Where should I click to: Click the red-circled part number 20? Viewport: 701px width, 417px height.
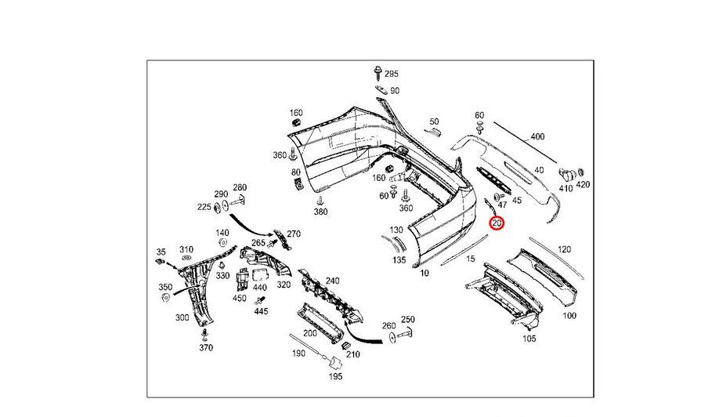(x=497, y=223)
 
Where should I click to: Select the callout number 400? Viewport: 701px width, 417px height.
(x=537, y=136)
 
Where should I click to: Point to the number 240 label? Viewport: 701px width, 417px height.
(x=332, y=281)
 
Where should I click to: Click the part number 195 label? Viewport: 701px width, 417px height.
(x=336, y=376)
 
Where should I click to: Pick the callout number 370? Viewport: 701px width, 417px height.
(x=206, y=347)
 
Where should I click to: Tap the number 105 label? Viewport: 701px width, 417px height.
(x=529, y=339)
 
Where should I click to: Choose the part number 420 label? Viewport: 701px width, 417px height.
(x=583, y=185)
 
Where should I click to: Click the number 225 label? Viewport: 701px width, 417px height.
(x=204, y=208)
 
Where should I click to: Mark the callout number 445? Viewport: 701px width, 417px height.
(x=261, y=311)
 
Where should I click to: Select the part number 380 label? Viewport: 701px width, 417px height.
(x=320, y=212)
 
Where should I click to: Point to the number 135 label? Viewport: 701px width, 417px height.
(x=399, y=259)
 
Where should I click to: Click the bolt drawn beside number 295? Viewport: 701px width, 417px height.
(x=378, y=75)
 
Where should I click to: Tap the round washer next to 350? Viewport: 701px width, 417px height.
(x=166, y=299)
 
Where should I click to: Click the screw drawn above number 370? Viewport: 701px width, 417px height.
(x=205, y=332)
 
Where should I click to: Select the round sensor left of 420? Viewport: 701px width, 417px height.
(x=569, y=173)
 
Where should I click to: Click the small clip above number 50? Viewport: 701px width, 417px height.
(x=433, y=134)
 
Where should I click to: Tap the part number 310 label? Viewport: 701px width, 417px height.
(x=186, y=249)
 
